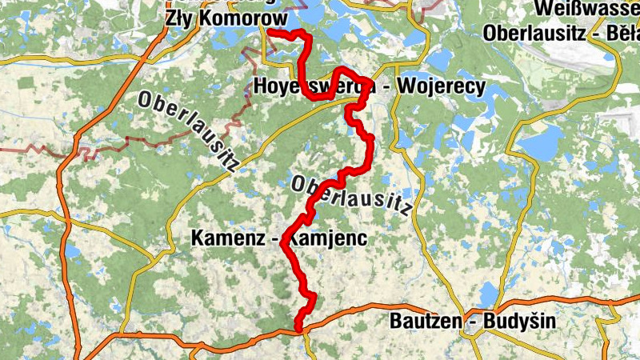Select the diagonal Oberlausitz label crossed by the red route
tap(351, 195)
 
